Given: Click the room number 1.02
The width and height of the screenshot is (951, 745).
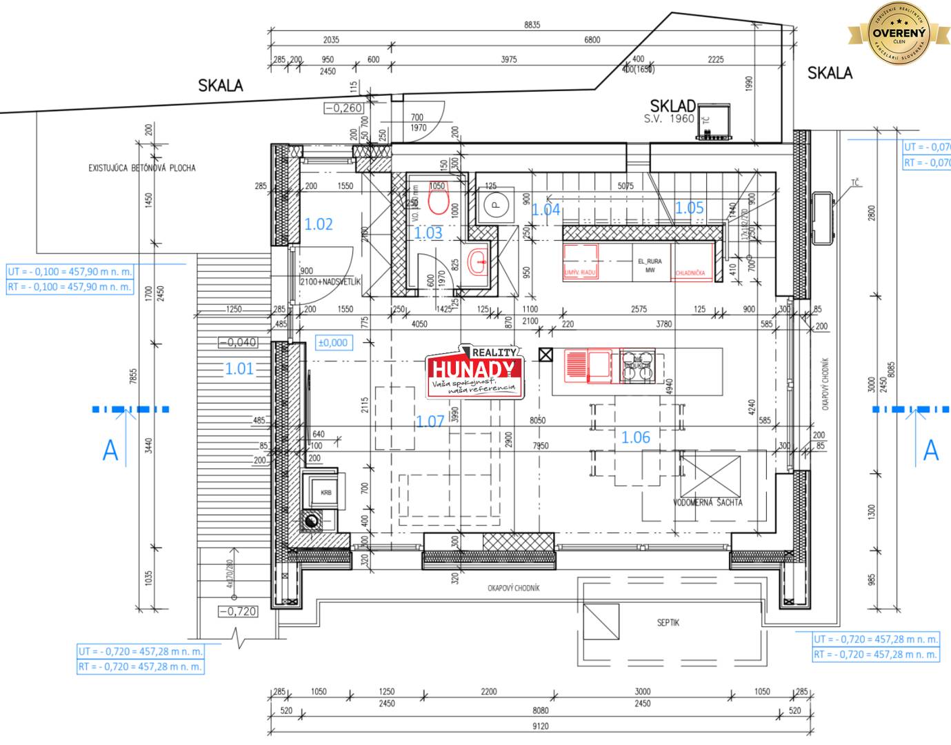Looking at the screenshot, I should coord(319,224).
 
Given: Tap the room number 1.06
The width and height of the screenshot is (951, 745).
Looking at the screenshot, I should coord(635,437).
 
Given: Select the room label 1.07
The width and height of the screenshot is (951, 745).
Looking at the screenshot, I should coord(430,421).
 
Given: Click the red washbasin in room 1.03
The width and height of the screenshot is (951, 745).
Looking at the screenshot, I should coord(477,261).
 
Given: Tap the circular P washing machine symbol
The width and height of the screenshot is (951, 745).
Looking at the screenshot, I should coord(494,204).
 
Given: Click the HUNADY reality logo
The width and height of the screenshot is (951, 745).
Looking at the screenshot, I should coord(474,373).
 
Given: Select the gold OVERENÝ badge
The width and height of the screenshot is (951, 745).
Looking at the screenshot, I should coord(899,32).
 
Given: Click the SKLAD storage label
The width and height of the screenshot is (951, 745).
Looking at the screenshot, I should coord(672,106).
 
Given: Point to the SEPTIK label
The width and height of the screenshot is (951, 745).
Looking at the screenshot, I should coord(668,622).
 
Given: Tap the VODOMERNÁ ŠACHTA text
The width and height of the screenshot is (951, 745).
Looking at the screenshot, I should coord(708,502).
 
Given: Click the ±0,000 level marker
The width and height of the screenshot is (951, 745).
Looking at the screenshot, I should coord(333,342).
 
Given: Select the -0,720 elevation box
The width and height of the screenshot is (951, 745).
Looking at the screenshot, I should coord(238,611).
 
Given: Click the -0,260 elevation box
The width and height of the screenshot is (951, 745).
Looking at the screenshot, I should coord(343,108).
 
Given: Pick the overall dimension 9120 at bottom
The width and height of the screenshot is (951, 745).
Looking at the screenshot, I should coord(541,726).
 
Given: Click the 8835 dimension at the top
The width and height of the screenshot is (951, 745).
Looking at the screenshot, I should coord(532,25).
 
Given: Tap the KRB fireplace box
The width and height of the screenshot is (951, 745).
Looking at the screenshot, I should coord(326,493).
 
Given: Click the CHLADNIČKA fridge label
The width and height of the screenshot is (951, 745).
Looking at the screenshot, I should coord(690,272).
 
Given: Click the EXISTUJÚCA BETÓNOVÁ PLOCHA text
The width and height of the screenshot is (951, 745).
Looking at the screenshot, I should coord(141,168).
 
